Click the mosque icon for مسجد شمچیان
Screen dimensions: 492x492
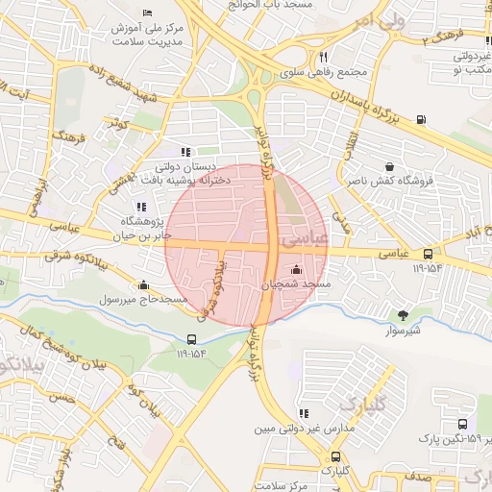point(295,268)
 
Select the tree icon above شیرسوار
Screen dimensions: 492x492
point(403,313)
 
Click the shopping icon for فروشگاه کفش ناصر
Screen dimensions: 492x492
point(388,165)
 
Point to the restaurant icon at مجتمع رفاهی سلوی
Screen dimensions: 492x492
point(324,57)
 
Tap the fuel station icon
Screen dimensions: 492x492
point(421,119)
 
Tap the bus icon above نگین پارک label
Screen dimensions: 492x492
point(462,424)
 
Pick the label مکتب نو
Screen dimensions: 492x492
point(470,71)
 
